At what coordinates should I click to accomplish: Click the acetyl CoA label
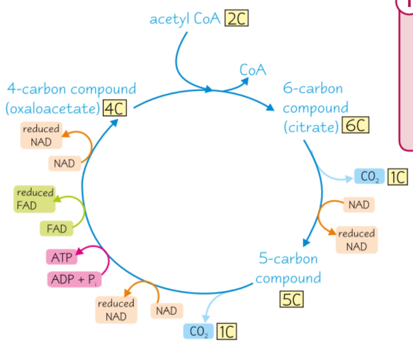click(x=185, y=19)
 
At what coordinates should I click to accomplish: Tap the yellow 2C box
click(x=237, y=19)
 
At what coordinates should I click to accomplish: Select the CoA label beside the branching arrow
click(x=253, y=70)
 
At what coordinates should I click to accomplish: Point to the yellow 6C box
click(x=355, y=125)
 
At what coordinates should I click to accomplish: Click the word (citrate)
click(x=311, y=127)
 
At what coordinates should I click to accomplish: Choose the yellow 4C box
click(x=115, y=108)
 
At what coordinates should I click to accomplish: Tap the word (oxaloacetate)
click(x=53, y=109)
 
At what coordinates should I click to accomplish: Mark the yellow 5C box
click(x=291, y=299)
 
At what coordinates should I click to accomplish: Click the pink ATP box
click(x=62, y=257)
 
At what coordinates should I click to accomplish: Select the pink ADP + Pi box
click(x=74, y=279)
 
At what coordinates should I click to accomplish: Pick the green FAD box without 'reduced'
click(x=57, y=229)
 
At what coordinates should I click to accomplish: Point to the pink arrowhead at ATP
click(x=80, y=251)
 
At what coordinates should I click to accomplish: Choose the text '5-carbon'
click(x=288, y=258)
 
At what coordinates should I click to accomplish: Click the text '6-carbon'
click(x=313, y=88)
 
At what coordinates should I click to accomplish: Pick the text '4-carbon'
click(x=37, y=89)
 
